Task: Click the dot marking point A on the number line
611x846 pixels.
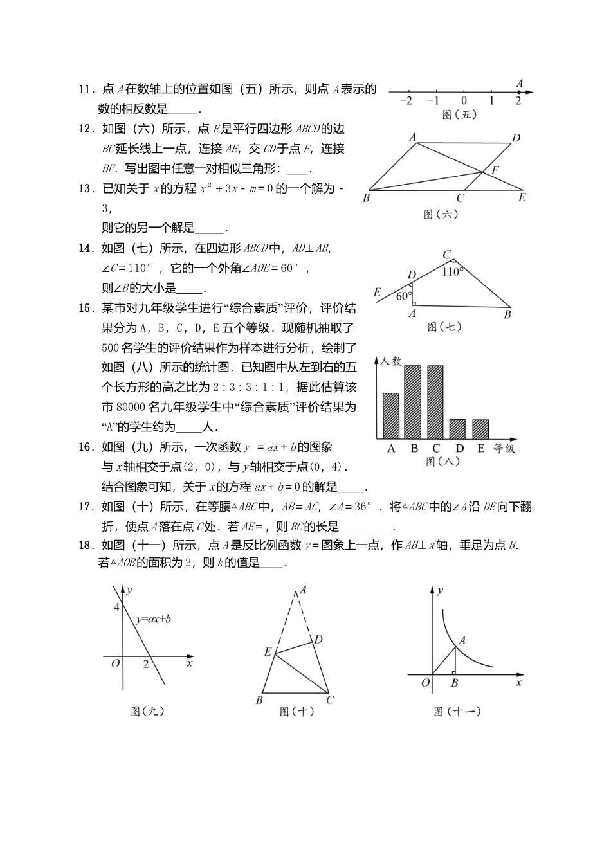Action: click(x=518, y=92)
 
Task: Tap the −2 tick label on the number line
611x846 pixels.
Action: click(x=406, y=101)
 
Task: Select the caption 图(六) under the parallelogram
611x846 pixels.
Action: click(x=441, y=215)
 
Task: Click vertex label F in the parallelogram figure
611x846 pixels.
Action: click(x=495, y=170)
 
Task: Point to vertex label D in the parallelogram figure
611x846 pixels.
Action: click(x=516, y=137)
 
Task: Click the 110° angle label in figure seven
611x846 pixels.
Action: click(x=453, y=272)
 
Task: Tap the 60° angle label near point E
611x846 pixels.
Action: click(x=403, y=296)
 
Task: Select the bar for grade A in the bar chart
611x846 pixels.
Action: click(x=390, y=415)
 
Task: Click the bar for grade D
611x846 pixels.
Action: click(x=457, y=429)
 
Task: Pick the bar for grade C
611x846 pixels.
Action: click(x=435, y=402)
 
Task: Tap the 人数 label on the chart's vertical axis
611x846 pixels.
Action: click(x=390, y=361)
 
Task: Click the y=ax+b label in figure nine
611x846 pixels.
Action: click(x=153, y=620)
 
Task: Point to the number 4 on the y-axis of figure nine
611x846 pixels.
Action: click(x=116, y=607)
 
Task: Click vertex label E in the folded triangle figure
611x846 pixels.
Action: click(x=267, y=651)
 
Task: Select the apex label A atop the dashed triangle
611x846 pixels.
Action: click(x=302, y=589)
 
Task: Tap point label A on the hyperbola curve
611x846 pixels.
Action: click(x=462, y=640)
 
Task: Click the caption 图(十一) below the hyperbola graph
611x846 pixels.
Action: click(x=457, y=711)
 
